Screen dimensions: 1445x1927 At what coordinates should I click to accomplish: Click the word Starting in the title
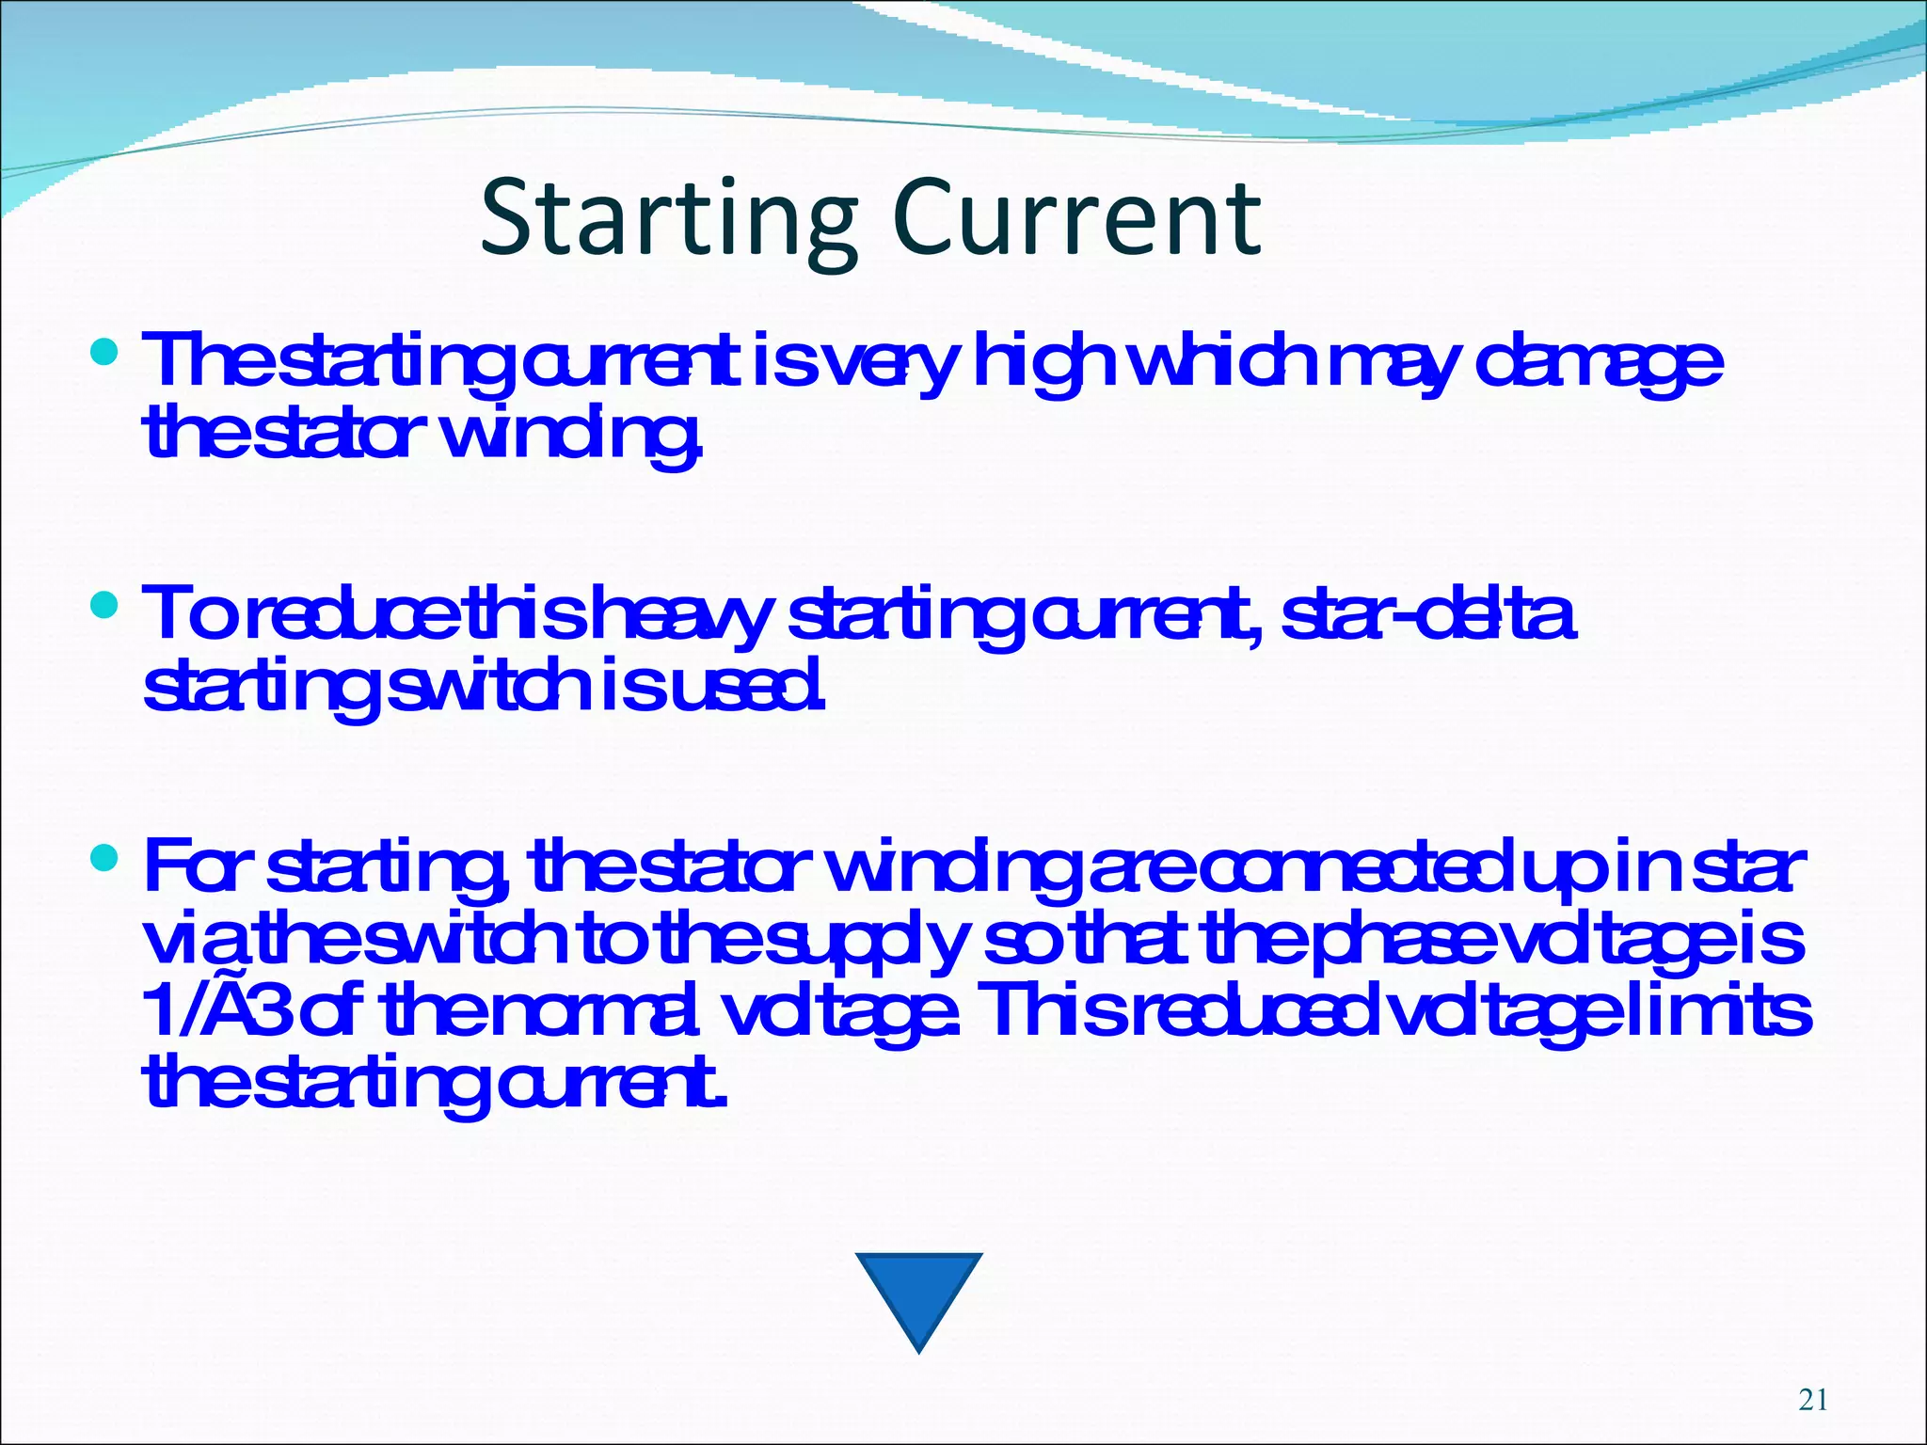click(668, 220)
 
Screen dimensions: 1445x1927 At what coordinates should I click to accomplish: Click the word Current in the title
click(1076, 220)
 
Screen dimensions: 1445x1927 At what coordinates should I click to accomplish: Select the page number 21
click(1813, 1400)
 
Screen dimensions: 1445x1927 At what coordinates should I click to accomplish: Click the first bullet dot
click(104, 353)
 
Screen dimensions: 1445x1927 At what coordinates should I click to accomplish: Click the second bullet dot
click(104, 605)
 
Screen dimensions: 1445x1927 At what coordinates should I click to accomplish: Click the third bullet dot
click(104, 857)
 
